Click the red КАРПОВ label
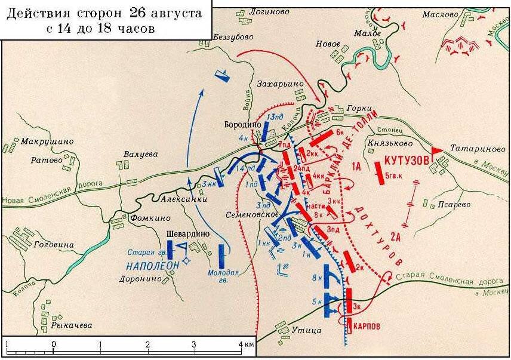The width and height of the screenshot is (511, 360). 370,327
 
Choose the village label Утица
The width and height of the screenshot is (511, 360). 307,330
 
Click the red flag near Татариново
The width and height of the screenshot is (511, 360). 438,149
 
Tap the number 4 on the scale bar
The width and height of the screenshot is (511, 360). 241,345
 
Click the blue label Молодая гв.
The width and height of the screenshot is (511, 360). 223,276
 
